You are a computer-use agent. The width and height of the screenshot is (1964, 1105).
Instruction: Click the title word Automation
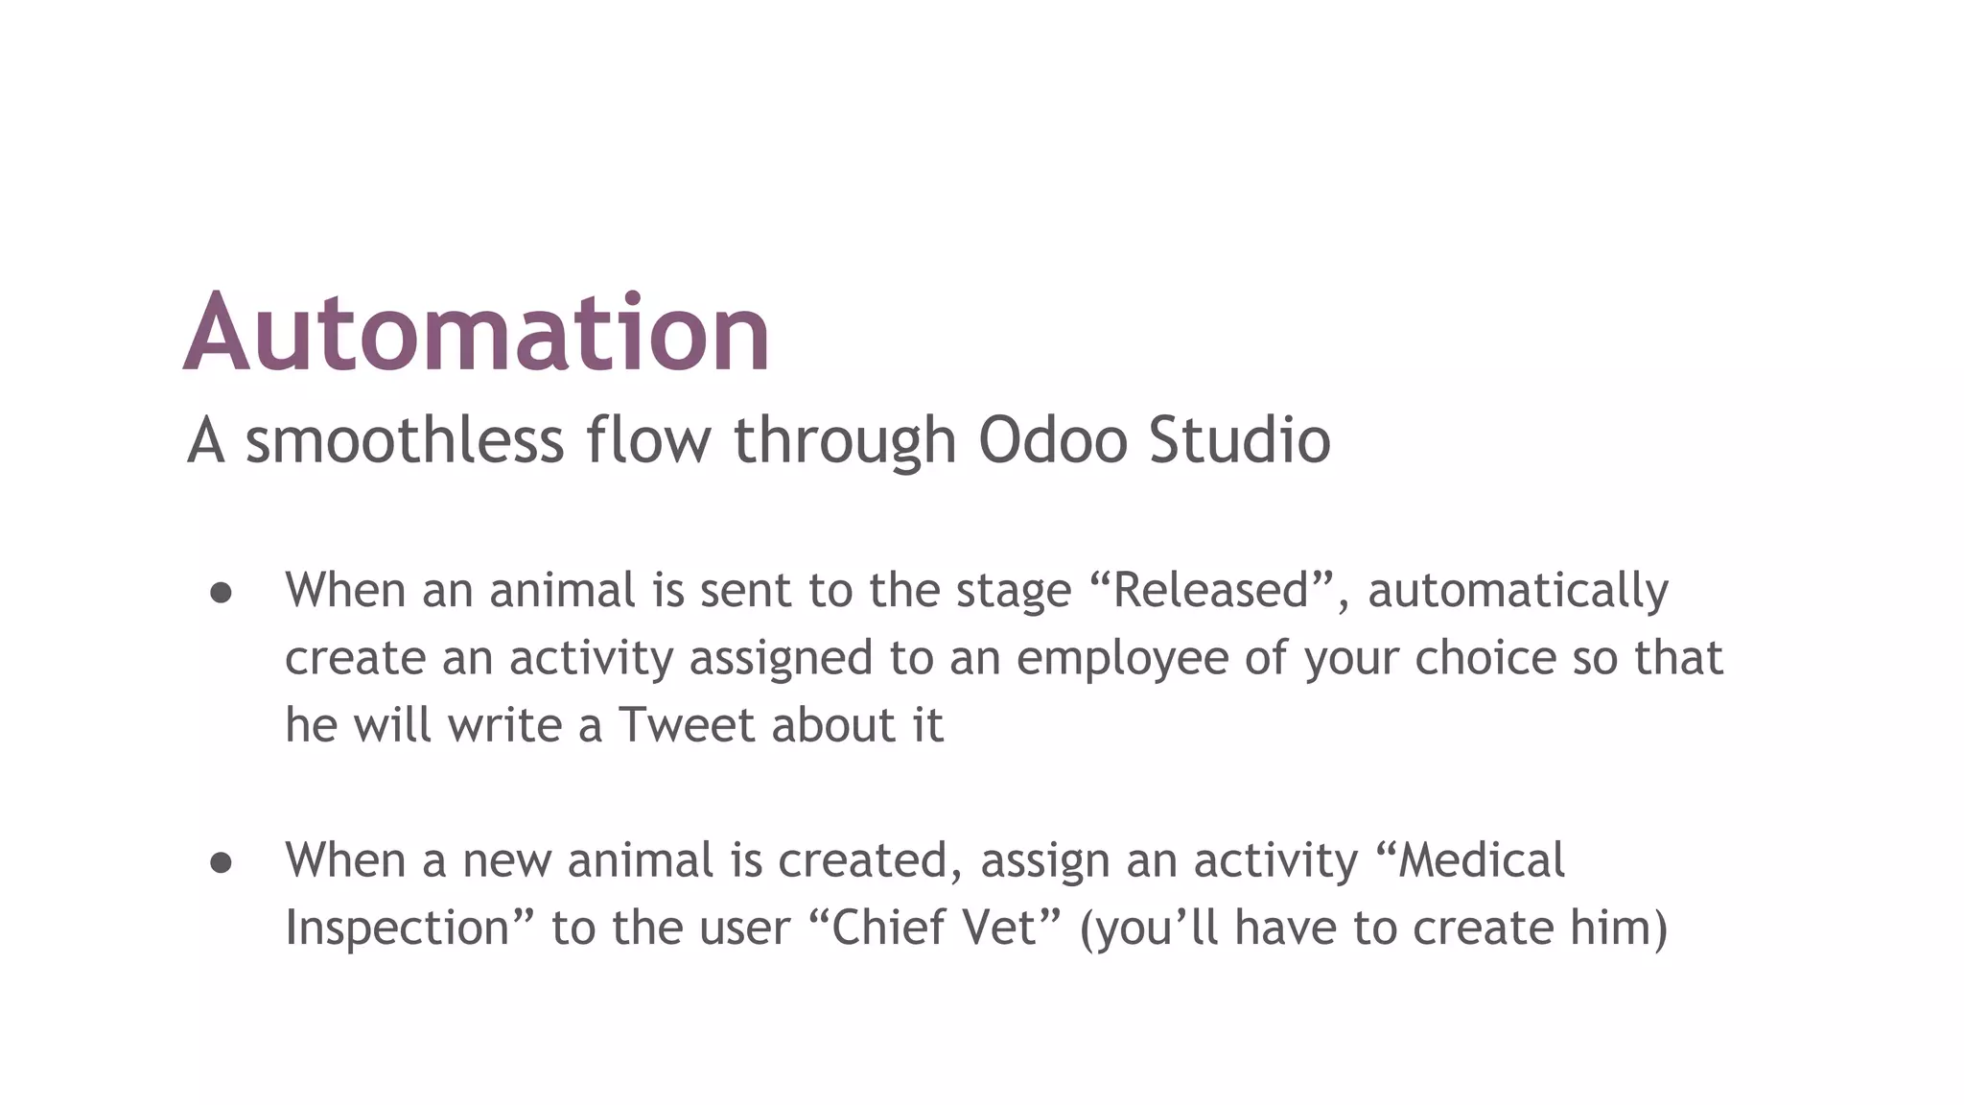477,332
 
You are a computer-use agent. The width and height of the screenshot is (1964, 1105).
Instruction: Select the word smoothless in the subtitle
404,440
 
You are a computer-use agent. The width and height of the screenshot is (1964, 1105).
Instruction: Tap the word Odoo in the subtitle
1052,440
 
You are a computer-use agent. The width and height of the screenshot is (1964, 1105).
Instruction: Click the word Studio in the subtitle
1239,440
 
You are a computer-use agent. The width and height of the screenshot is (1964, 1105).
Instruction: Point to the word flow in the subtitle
648,440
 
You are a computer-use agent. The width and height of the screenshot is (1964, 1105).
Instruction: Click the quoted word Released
1211,590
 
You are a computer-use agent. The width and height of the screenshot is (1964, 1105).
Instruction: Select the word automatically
1517,592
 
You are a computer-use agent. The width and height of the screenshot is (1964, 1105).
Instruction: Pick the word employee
1122,659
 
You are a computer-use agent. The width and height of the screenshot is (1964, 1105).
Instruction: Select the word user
745,929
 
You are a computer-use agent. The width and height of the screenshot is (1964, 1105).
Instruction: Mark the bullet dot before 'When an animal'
221,594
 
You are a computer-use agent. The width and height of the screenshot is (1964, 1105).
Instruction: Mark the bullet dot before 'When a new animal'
221,863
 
